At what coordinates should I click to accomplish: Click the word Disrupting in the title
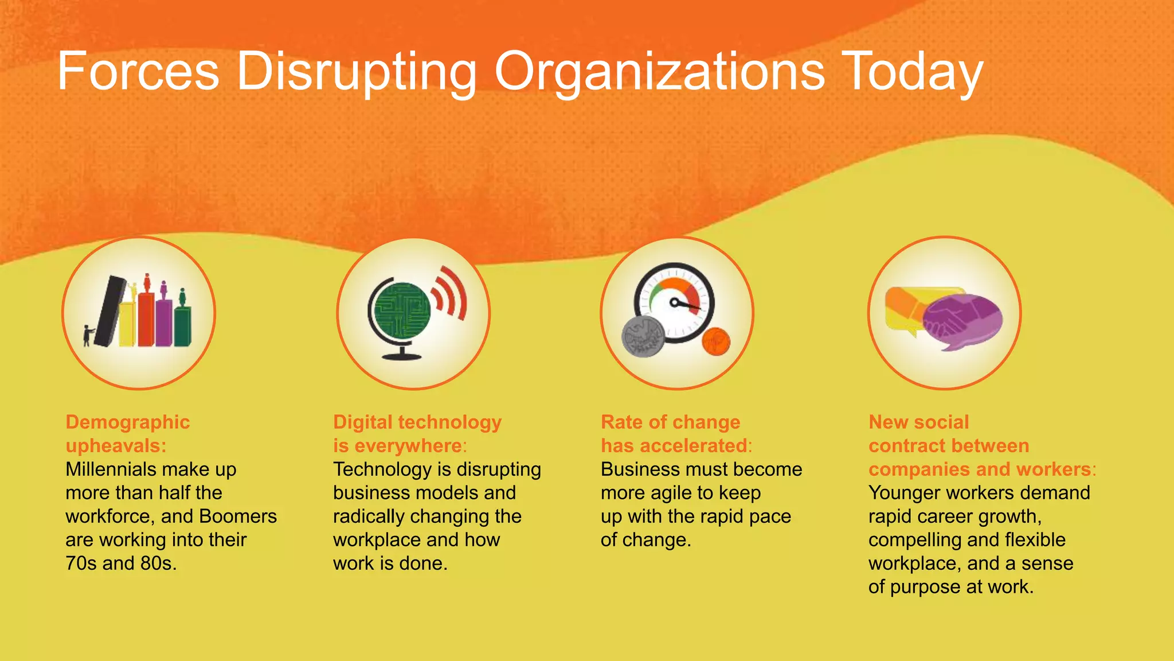click(x=356, y=72)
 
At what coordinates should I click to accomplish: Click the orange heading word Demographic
click(x=127, y=422)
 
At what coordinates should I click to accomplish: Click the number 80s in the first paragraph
click(x=158, y=563)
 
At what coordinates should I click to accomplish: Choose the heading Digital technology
click(x=417, y=422)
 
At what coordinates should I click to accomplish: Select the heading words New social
click(x=918, y=422)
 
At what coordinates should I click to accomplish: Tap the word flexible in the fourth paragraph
click(x=1035, y=540)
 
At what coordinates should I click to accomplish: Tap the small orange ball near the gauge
click(x=716, y=342)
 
